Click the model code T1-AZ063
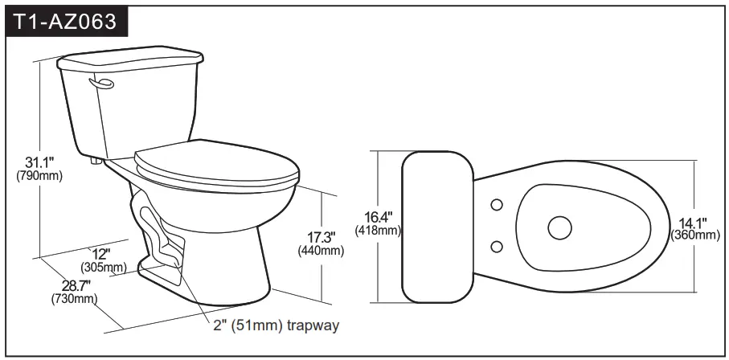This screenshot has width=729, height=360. [68, 22]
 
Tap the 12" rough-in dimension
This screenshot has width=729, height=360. [100, 254]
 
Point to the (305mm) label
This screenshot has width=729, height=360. [103, 267]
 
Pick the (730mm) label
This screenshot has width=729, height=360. [75, 299]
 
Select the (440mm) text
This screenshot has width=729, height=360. [321, 251]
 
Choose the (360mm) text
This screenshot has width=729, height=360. [695, 235]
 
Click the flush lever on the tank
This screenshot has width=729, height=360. [103, 83]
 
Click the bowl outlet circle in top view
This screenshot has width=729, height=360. [560, 227]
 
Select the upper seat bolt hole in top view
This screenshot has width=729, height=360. [497, 205]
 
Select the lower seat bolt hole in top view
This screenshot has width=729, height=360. [497, 246]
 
